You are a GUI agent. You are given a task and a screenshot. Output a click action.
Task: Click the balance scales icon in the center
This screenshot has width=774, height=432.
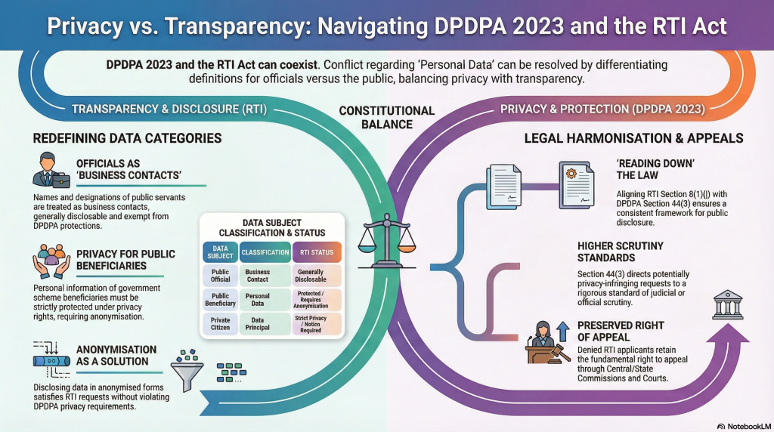[386, 239]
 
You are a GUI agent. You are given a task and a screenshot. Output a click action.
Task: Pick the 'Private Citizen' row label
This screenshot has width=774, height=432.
[221, 323]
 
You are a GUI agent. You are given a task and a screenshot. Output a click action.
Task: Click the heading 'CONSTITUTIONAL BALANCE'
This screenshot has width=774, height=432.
[386, 117]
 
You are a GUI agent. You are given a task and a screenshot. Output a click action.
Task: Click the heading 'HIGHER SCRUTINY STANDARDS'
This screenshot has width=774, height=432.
[620, 252]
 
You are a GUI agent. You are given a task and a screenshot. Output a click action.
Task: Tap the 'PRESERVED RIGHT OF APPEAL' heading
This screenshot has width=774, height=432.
[620, 332]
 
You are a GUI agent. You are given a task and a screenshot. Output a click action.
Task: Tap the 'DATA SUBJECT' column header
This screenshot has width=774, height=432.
[221, 251]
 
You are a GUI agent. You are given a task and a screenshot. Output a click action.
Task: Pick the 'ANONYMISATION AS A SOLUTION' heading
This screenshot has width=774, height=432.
[116, 356]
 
